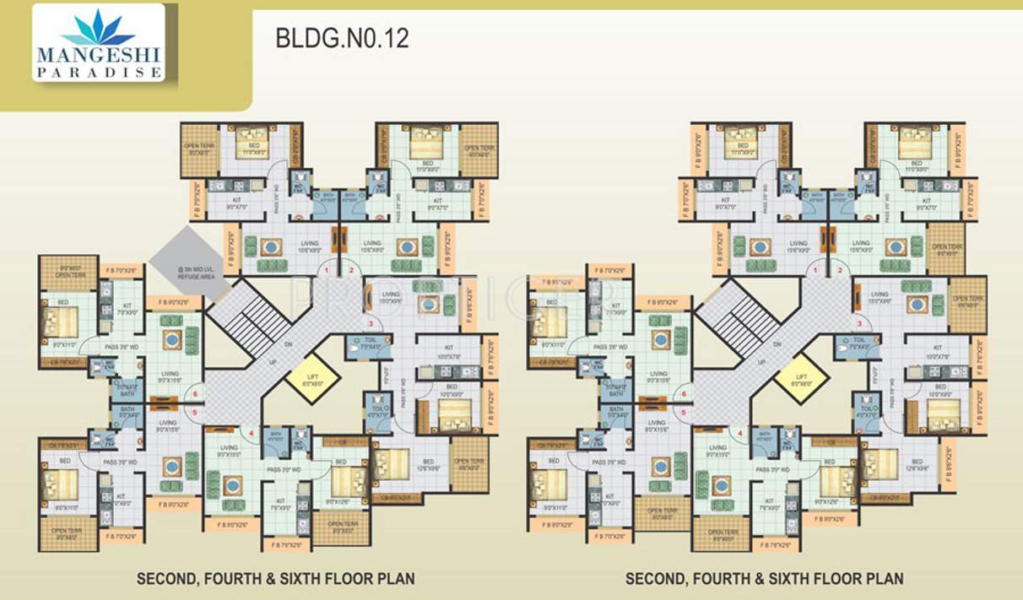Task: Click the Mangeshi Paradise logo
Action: pyautogui.click(x=99, y=44)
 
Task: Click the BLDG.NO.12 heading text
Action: pyautogui.click(x=342, y=40)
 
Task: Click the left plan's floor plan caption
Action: pyautogui.click(x=275, y=579)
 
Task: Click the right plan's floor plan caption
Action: pyautogui.click(x=764, y=579)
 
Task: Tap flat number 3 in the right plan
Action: pyautogui.click(x=859, y=324)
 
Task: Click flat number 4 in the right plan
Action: pyautogui.click(x=740, y=435)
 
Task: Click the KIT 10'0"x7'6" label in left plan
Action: pyautogui.click(x=447, y=351)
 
